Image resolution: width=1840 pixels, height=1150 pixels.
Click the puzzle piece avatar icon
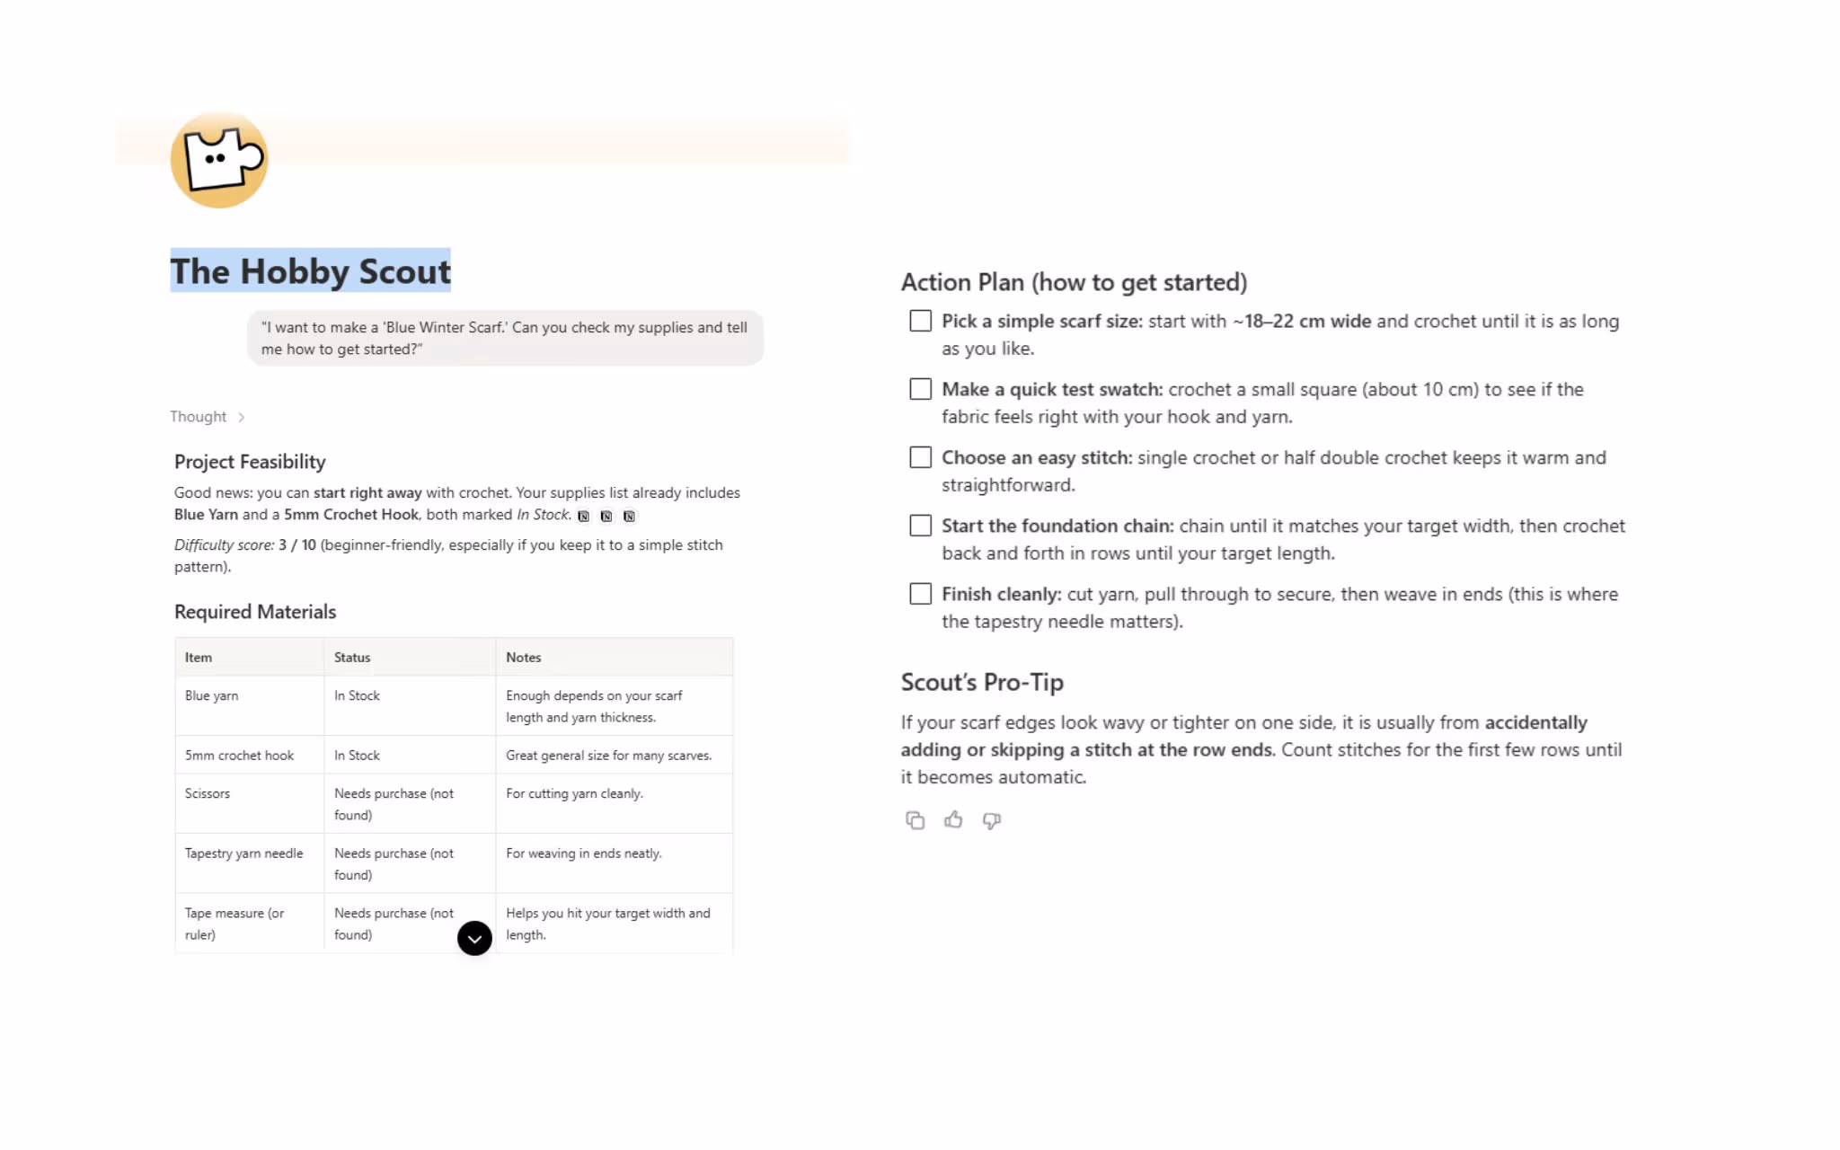(x=219, y=160)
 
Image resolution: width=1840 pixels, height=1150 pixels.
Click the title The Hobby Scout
(x=310, y=271)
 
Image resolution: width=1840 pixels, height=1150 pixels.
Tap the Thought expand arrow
(x=242, y=417)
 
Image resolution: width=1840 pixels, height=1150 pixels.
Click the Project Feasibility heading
(x=250, y=462)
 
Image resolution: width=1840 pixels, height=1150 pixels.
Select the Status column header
(x=352, y=658)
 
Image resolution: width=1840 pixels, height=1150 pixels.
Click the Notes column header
(x=523, y=658)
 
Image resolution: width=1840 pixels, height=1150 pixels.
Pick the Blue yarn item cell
(x=212, y=695)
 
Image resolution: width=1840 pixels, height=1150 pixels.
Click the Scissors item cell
(x=208, y=793)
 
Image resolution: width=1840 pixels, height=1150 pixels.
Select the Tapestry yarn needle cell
(x=244, y=854)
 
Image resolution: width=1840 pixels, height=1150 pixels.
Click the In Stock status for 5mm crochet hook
(x=357, y=756)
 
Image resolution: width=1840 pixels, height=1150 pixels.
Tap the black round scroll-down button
(x=474, y=939)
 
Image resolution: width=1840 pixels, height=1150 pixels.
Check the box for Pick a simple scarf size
(x=920, y=321)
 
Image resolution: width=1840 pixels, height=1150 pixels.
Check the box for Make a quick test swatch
(x=920, y=389)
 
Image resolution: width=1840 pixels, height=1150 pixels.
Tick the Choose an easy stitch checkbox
(x=920, y=457)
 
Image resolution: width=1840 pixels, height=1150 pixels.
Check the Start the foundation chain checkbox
(x=920, y=526)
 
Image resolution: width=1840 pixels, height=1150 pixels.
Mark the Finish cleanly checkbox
(x=920, y=594)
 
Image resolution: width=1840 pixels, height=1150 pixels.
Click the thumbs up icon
(x=953, y=819)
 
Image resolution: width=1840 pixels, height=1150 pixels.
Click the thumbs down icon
(x=992, y=820)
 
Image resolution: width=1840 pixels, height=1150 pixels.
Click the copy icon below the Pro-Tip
(x=915, y=820)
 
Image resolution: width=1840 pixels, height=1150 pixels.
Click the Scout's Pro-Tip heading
(x=982, y=682)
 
